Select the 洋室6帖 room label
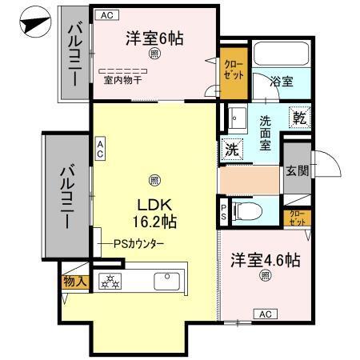154,38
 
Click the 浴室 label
281,82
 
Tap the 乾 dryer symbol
300,117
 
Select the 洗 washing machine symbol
231,148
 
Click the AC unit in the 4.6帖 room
266,314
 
